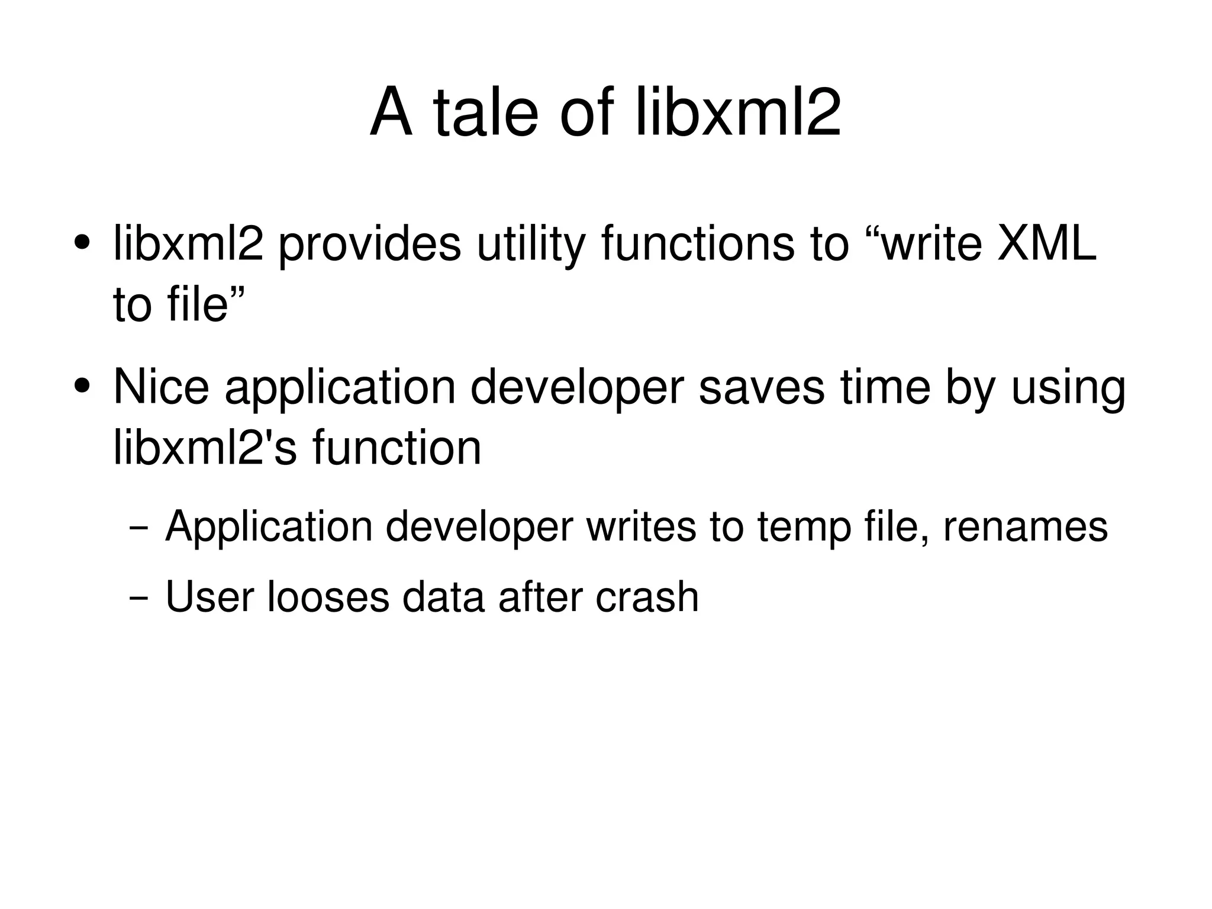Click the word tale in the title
coord(485,113)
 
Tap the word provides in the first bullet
coord(369,244)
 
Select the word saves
coord(762,387)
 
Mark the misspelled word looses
coord(328,596)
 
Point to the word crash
coord(647,596)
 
